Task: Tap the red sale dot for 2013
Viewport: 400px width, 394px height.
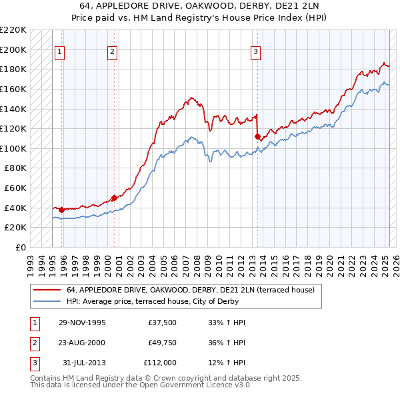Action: [257, 136]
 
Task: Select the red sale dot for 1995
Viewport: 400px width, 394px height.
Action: [61, 210]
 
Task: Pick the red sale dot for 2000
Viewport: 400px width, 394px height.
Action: [114, 198]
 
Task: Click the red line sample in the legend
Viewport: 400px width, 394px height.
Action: [47, 290]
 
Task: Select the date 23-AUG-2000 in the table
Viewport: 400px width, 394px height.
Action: [83, 343]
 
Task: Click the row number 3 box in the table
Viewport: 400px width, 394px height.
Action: [33, 363]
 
